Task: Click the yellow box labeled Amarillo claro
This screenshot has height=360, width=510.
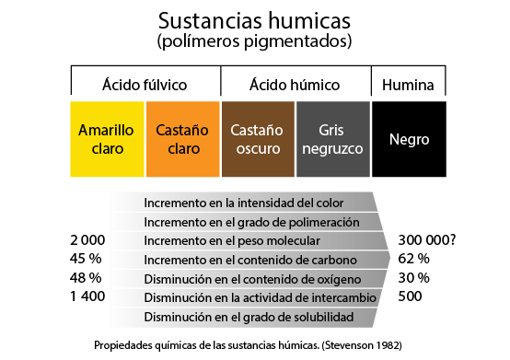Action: [107, 139]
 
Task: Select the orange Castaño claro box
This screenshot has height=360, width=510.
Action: [182, 139]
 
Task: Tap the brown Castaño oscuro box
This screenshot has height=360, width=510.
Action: [257, 139]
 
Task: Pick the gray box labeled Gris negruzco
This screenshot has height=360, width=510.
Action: [333, 139]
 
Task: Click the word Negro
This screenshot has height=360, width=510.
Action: [409, 140]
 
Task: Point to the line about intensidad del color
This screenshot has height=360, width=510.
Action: [244, 203]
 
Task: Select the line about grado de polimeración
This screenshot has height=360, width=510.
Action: [250, 222]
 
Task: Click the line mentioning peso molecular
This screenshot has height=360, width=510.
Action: [232, 241]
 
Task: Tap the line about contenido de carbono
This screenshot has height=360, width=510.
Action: [249, 261]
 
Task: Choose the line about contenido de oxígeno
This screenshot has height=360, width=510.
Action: [252, 279]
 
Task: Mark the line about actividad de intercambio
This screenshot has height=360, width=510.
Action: [260, 298]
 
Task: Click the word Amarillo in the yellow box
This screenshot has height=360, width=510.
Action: [107, 130]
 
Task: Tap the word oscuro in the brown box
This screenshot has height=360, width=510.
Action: [257, 148]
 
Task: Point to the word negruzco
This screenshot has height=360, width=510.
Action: [333, 148]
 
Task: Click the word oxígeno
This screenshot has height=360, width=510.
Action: [336, 279]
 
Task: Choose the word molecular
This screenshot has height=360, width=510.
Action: [293, 241]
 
